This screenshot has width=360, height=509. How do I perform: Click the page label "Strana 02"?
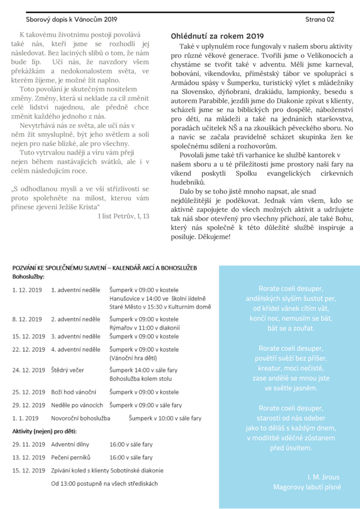(320, 19)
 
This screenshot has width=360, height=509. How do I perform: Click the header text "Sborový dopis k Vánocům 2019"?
(71, 19)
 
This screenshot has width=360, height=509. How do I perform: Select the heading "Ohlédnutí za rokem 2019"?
(217, 36)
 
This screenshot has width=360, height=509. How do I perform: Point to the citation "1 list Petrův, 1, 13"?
(124, 216)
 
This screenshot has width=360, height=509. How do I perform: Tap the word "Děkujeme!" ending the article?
(214, 236)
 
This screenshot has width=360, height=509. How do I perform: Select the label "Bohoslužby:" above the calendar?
(28, 277)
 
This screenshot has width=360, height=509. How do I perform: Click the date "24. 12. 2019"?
(29, 370)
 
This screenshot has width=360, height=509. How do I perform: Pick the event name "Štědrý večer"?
(68, 370)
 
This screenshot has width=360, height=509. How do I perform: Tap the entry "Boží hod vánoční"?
(73, 392)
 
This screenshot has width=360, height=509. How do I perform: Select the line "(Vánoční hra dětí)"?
(133, 358)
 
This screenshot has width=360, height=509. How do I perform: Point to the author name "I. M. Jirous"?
(324, 477)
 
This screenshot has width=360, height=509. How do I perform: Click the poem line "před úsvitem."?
(291, 447)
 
